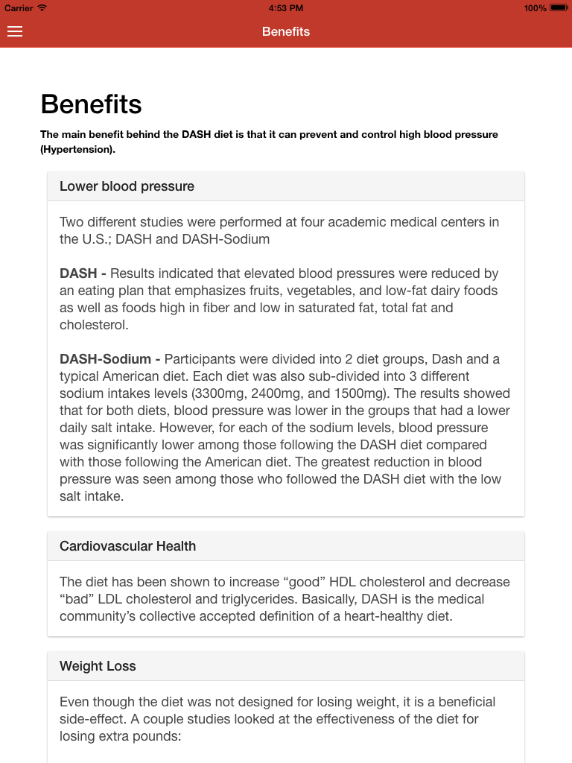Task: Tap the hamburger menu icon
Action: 15,31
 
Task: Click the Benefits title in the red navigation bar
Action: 286,31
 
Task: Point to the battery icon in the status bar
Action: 559,8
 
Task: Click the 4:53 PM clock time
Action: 286,8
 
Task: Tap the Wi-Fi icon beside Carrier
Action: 42,8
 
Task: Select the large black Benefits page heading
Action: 91,104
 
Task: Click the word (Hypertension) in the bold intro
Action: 77,149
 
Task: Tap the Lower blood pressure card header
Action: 127,186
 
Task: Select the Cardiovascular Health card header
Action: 127,546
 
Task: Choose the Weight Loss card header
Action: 98,666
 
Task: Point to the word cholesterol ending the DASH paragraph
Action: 93,325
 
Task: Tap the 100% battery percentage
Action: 535,8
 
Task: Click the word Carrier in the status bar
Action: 19,8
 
